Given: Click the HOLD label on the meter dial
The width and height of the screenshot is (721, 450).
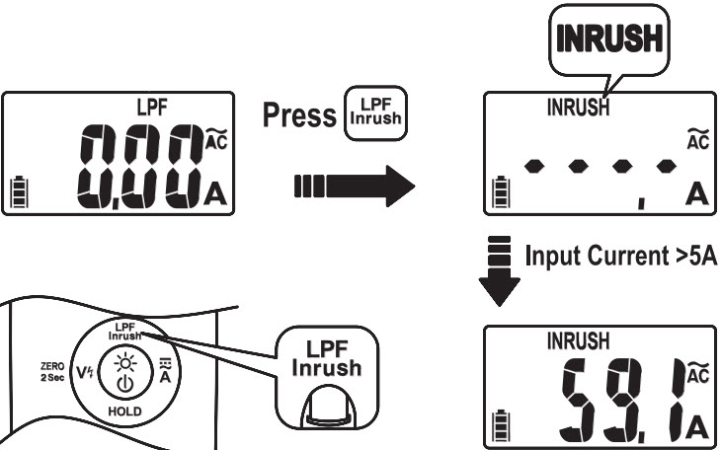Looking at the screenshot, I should (x=126, y=409).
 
